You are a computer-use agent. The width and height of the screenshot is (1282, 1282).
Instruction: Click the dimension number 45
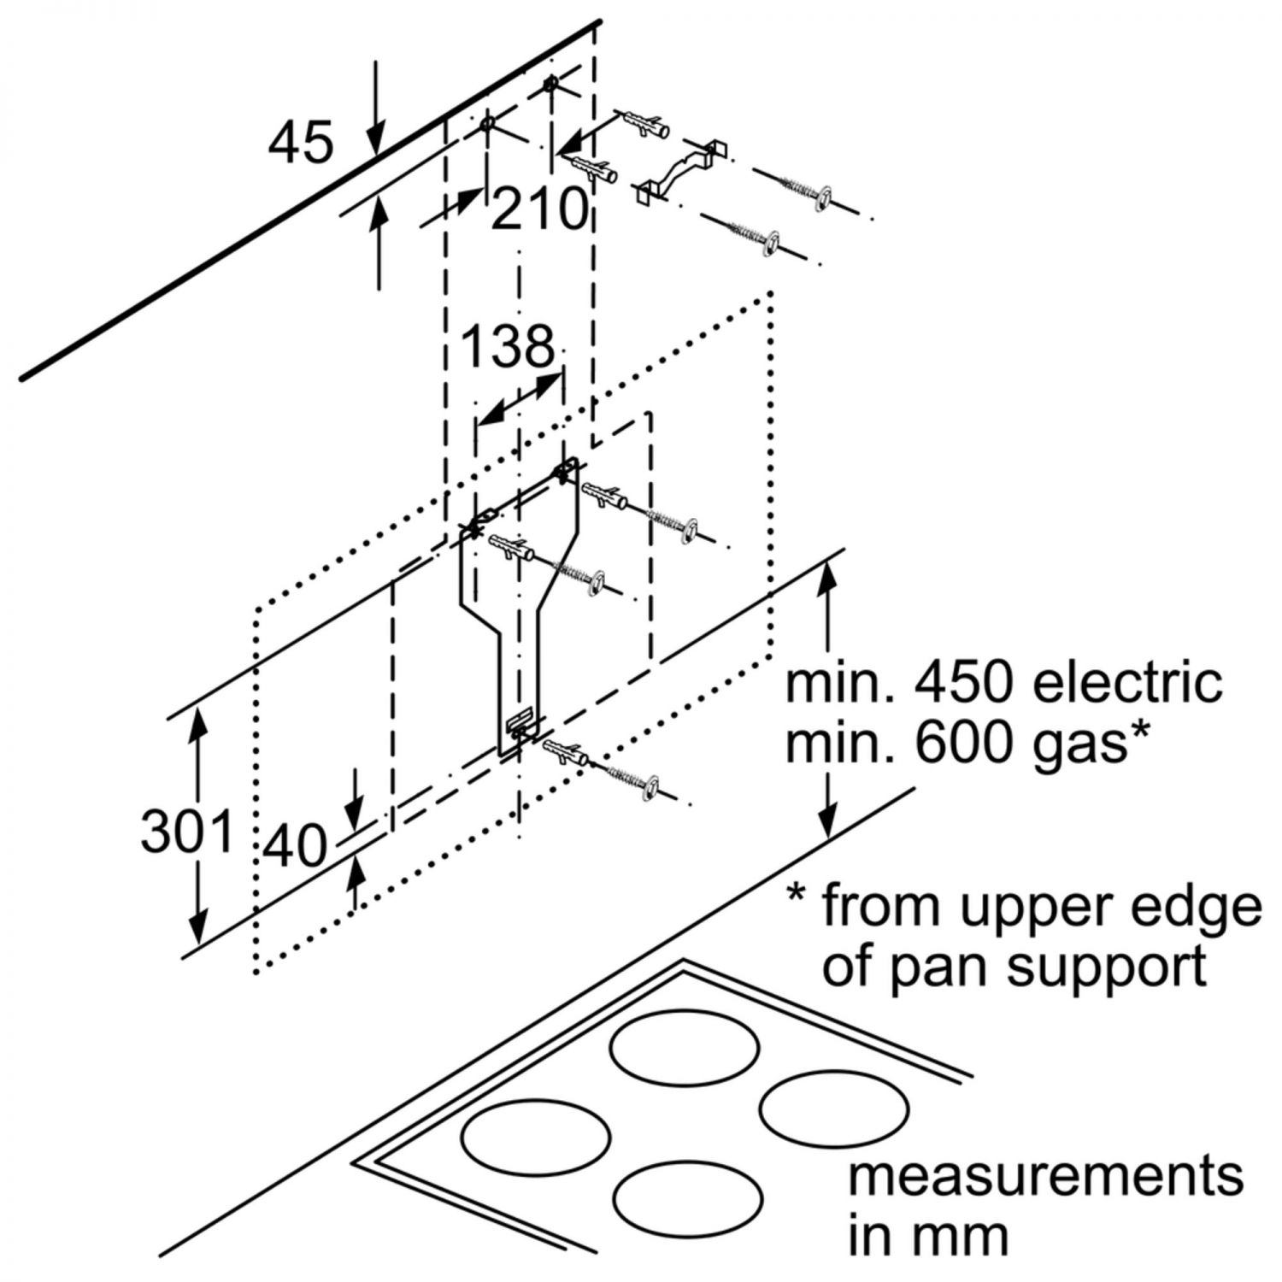point(300,142)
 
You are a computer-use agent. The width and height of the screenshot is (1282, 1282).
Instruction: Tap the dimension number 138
point(508,347)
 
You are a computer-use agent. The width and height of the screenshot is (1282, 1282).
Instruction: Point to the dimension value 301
point(187,831)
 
